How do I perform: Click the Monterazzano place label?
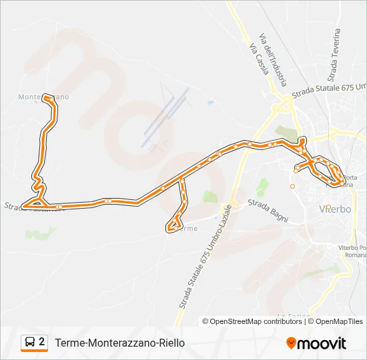43,97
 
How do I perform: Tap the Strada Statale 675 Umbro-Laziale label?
204,257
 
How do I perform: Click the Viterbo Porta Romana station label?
352,251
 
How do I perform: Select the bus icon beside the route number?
31,343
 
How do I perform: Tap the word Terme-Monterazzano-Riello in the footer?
119,343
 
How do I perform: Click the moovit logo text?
322,343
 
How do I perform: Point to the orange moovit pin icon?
291,343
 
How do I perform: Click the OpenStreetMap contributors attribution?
252,321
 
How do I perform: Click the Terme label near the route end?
190,229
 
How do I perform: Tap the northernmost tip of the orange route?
45,95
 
